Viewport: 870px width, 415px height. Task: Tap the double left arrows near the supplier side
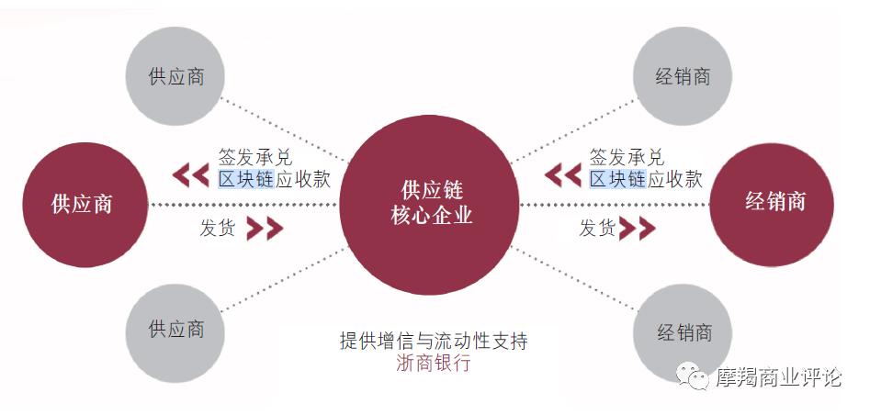[x=192, y=174]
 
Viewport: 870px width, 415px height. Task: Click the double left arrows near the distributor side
[x=562, y=174]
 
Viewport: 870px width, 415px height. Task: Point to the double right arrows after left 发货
[x=264, y=229]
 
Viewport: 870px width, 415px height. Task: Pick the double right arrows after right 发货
[x=637, y=229]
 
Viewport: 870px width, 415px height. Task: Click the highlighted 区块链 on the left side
[x=245, y=179]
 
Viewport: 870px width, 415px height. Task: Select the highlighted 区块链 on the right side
[x=617, y=179]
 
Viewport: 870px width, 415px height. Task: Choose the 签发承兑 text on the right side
[x=627, y=157]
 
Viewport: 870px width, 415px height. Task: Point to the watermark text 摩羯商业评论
[x=778, y=377]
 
